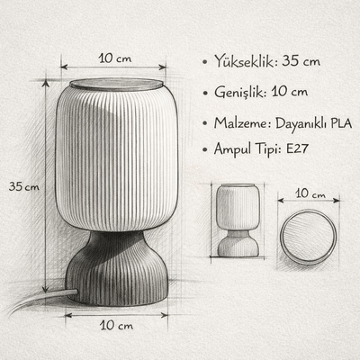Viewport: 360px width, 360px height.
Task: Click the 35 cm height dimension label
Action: click(24, 186)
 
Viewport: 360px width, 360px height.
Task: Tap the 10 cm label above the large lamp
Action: click(115, 58)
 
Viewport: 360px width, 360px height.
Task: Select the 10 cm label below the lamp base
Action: click(116, 325)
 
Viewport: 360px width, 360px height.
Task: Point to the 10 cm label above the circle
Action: click(310, 193)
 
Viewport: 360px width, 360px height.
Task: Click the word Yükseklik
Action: click(244, 61)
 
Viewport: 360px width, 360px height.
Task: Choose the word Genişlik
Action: click(240, 93)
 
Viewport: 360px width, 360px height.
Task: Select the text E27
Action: click(297, 148)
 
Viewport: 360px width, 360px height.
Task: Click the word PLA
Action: click(341, 123)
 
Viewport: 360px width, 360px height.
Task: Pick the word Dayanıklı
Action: click(301, 123)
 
